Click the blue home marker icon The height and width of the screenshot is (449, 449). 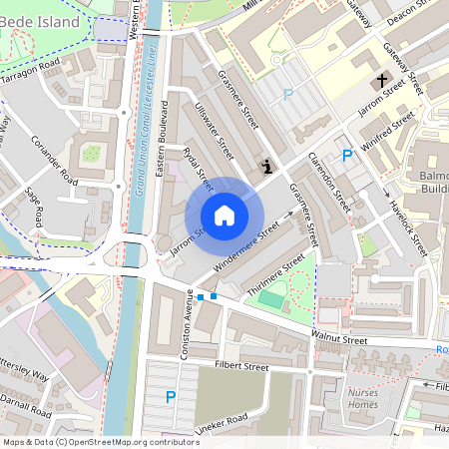[x=224, y=216]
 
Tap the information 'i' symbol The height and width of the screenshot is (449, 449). [x=265, y=166]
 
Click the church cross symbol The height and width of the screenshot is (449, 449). [x=380, y=80]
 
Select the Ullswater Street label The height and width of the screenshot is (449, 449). [x=215, y=131]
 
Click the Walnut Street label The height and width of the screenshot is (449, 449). [x=339, y=340]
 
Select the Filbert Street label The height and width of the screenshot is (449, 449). [x=242, y=367]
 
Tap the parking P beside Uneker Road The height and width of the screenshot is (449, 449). [x=170, y=397]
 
